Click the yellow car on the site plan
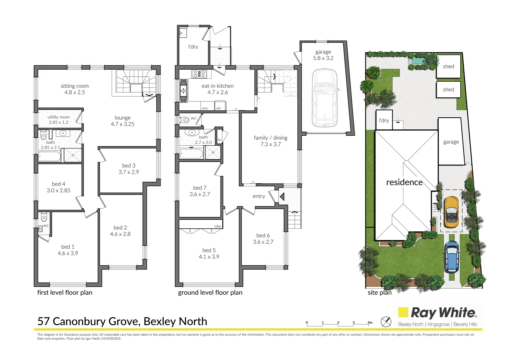pos(451,212)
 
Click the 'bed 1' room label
pos(68,247)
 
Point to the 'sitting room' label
pos(75,86)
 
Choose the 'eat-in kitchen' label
pos(218,86)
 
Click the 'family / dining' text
pos(270,138)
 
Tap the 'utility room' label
pos(59,117)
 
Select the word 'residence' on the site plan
pos(404,182)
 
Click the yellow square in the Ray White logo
pos(403,312)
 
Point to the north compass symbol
pos(386,321)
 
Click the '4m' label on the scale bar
pos(370,323)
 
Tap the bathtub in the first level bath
pos(49,157)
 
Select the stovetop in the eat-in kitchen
pos(199,74)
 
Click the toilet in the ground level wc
pos(184,120)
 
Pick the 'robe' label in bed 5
pos(218,226)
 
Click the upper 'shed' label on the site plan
pos(448,66)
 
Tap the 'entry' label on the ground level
pos(259,196)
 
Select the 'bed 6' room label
pos(263,236)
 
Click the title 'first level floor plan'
pos(65,293)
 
